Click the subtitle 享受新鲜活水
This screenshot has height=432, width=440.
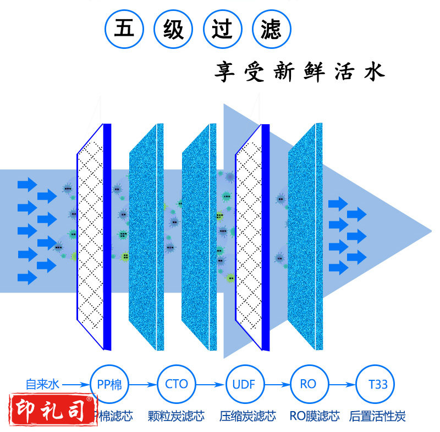[299, 72]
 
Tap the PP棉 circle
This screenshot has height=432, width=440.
[109, 384]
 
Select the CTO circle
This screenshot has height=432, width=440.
[176, 384]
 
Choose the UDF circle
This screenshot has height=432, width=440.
[244, 384]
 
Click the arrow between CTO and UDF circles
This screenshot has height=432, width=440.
[210, 384]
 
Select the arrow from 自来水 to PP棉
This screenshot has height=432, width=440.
[76, 384]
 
